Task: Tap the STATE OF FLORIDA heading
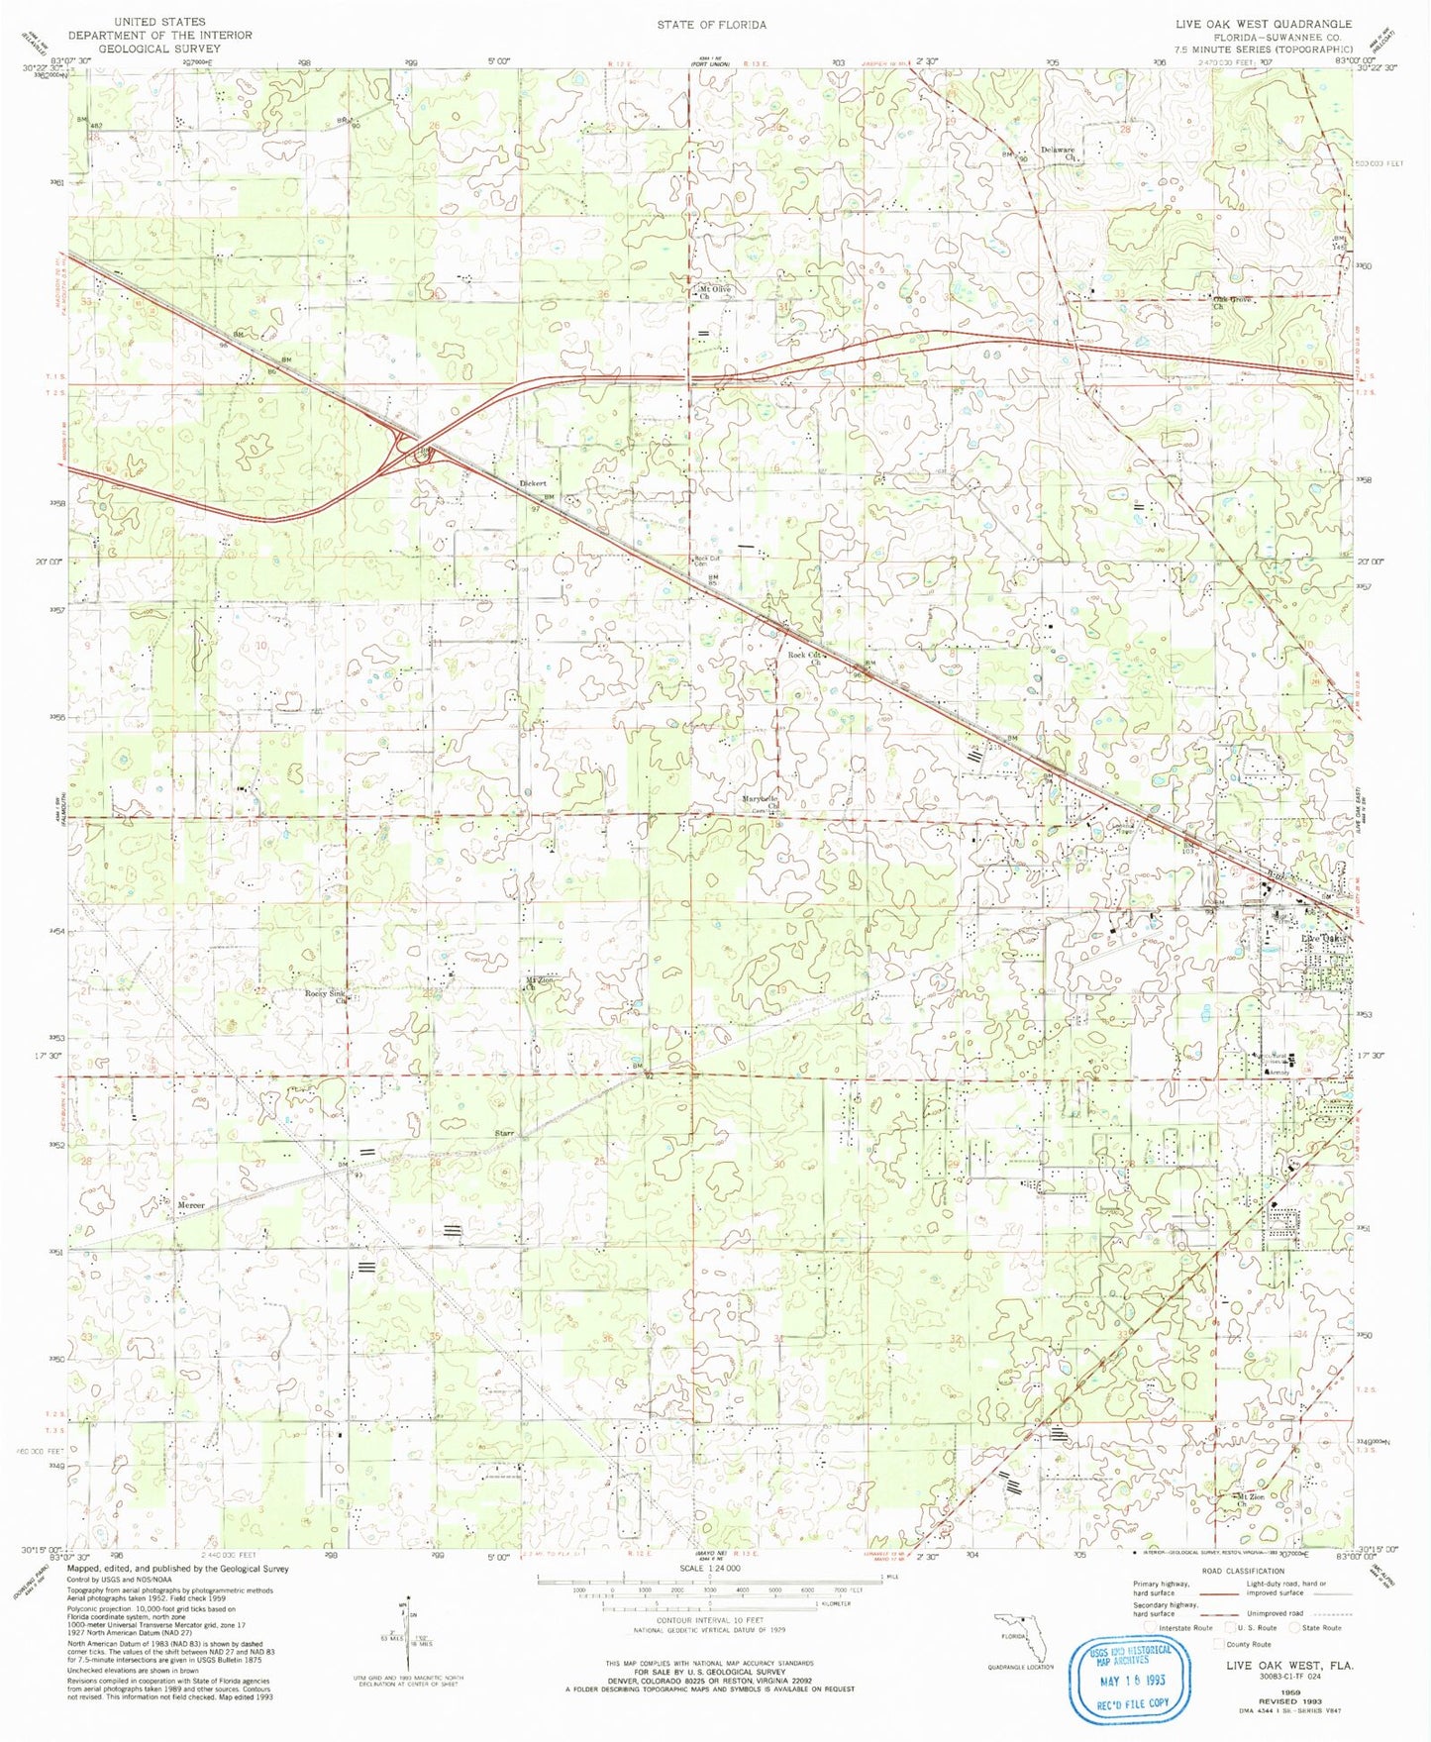click(x=711, y=24)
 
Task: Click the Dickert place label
click(x=533, y=483)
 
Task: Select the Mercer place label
click(x=191, y=1205)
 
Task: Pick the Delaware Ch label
click(x=1058, y=154)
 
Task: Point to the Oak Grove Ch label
click(x=1232, y=302)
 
